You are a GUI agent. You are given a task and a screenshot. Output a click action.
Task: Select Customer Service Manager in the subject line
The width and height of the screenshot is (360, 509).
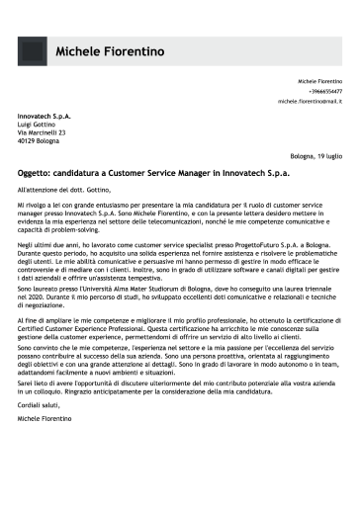[x=159, y=171]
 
